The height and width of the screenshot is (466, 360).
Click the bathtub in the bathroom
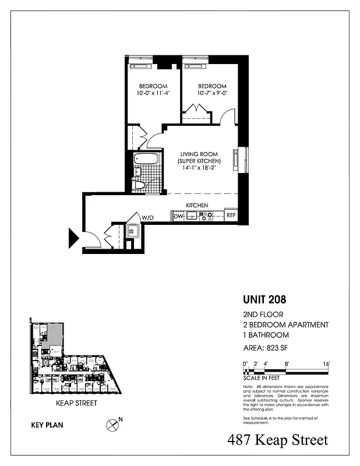click(143, 158)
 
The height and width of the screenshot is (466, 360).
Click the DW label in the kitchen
click(178, 216)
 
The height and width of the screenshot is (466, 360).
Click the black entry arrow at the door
click(74, 238)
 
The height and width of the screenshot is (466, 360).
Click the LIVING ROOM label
click(200, 153)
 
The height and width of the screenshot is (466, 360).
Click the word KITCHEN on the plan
click(197, 206)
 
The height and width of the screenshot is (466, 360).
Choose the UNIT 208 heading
click(264, 301)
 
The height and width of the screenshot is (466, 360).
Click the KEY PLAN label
click(47, 425)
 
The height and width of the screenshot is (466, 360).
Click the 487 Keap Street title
click(278, 440)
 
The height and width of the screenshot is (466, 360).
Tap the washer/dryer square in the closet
click(132, 231)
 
